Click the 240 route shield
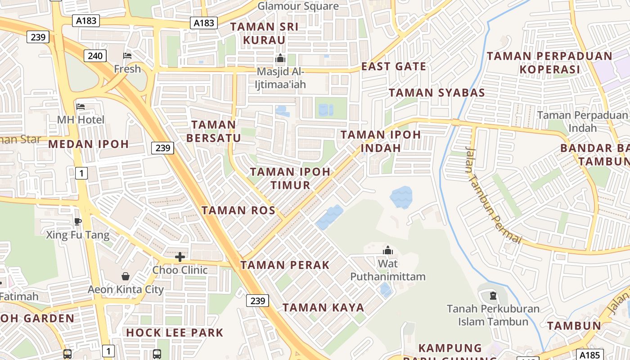click(95, 56)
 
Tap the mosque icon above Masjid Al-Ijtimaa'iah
click(280, 58)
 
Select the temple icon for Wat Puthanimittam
click(387, 250)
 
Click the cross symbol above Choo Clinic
click(180, 257)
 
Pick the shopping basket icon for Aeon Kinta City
click(126, 276)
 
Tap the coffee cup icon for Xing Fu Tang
click(78, 221)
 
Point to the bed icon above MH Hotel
click(81, 107)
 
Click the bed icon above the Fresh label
click(127, 56)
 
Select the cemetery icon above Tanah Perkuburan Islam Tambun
click(493, 296)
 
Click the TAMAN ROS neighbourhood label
click(238, 210)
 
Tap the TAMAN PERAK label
click(285, 265)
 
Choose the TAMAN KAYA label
click(323, 308)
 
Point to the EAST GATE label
click(394, 67)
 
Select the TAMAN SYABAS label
click(436, 93)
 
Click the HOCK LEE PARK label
click(175, 333)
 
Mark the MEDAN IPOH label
click(88, 144)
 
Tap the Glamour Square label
click(298, 6)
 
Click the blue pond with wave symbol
click(400, 197)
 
